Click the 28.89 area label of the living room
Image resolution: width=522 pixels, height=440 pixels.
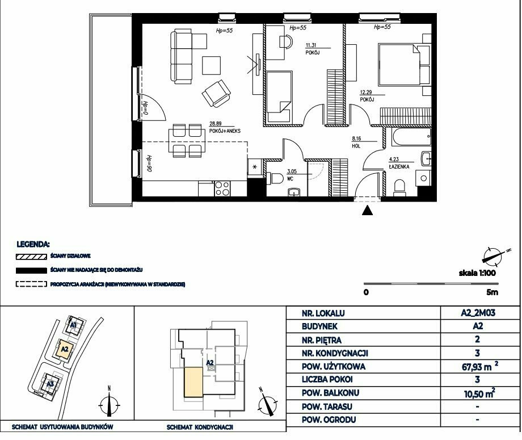pos(216,123)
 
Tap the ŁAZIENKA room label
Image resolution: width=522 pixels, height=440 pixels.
pos(399,166)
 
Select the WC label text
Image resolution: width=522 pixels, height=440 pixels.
pos(290,179)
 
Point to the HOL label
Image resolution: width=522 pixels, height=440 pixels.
pos(356,146)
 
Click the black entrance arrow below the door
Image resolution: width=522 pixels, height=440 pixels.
pos(367,210)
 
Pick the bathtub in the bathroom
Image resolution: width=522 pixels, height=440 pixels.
pos(411,137)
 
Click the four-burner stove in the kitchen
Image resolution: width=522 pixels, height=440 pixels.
pos(222,188)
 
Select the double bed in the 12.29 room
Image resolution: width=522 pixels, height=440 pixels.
pos(399,64)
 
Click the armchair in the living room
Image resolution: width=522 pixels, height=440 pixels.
pos(216,94)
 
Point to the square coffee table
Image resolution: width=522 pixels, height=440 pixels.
pos(212,66)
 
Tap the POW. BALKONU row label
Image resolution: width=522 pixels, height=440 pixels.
pos(330,393)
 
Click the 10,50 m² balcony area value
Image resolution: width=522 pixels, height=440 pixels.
pos(479,393)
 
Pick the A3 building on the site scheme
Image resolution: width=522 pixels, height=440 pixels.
pos(50,384)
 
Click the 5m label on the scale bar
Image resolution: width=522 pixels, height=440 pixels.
pos(492,292)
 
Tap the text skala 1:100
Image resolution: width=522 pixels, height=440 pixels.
pos(477,273)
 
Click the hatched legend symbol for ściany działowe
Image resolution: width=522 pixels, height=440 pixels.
pos(31,257)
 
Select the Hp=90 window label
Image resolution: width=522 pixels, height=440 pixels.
pos(149,164)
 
